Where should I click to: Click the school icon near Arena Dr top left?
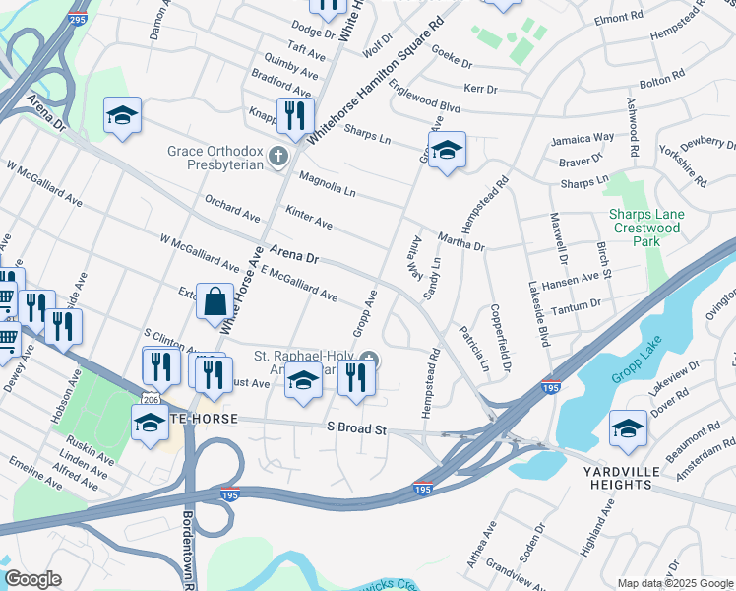pyautogui.click(x=122, y=116)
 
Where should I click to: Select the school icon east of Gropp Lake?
pyautogui.click(x=628, y=427)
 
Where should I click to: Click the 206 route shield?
pyautogui.click(x=148, y=399)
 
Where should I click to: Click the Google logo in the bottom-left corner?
pyautogui.click(x=32, y=579)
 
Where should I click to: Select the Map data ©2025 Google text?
pyautogui.click(x=675, y=583)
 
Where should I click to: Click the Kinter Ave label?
pyautogui.click(x=309, y=217)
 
